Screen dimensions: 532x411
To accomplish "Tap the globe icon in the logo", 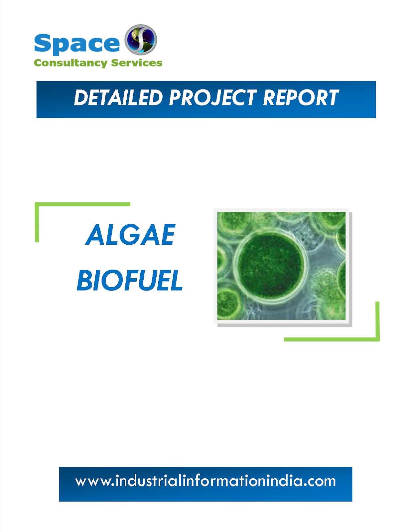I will [x=141, y=40].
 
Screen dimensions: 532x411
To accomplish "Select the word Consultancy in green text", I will [x=70, y=63].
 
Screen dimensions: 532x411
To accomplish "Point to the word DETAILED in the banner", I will [x=118, y=98].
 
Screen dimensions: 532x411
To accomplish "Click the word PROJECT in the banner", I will [x=213, y=98].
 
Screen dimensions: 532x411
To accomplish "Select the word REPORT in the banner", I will [x=301, y=98].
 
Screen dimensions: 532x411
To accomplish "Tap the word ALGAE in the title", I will [x=130, y=235].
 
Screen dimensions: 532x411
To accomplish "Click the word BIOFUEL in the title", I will [x=130, y=280].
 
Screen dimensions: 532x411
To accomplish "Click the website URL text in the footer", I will [x=205, y=481].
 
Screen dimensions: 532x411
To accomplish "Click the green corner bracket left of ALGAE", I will [x=37, y=219].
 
